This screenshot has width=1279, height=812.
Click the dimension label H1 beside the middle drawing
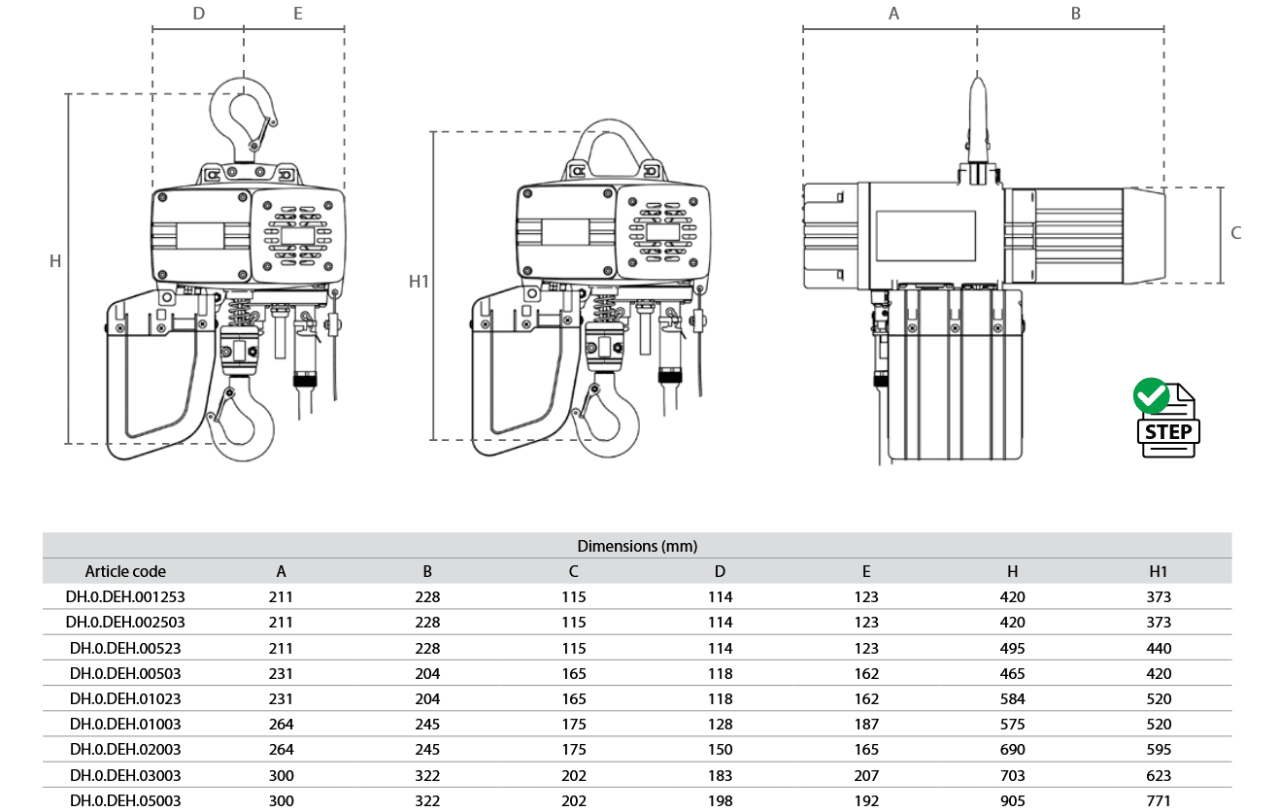pos(419,281)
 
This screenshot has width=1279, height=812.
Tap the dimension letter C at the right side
pos(1235,233)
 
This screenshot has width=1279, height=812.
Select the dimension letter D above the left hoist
pos(199,14)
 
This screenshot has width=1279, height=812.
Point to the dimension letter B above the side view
pos(1076,14)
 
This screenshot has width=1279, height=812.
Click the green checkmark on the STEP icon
pos(1151,395)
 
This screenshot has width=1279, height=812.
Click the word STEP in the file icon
pos(1168,431)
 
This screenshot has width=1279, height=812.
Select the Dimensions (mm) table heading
pos(637,547)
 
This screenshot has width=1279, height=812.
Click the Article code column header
pos(125,571)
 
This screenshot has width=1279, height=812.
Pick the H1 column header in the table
pos(1158,571)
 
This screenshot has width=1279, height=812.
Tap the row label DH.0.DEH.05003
pos(125,800)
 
